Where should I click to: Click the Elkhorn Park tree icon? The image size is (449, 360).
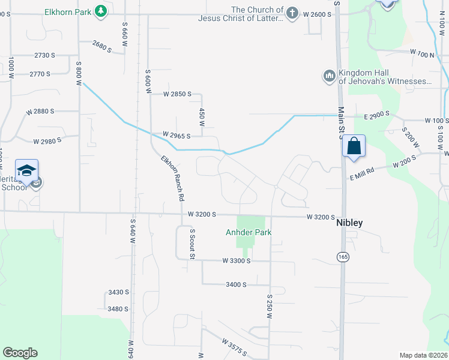(x=102, y=11)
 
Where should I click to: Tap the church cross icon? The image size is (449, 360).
(x=292, y=13)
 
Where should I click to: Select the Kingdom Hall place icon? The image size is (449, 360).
(x=328, y=76)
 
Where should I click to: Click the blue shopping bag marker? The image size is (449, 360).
(x=354, y=146)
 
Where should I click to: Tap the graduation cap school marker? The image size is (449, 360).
(x=27, y=171)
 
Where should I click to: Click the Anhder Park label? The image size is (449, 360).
(x=249, y=232)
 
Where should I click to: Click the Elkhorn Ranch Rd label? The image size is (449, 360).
(x=172, y=177)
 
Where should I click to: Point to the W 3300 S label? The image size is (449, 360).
(x=236, y=260)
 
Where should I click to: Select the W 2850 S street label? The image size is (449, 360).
(x=177, y=94)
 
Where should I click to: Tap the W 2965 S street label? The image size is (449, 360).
(x=176, y=136)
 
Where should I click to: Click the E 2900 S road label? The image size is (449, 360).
(x=376, y=113)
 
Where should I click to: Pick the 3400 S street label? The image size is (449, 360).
(x=236, y=284)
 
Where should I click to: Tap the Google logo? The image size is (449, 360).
(x=20, y=353)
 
